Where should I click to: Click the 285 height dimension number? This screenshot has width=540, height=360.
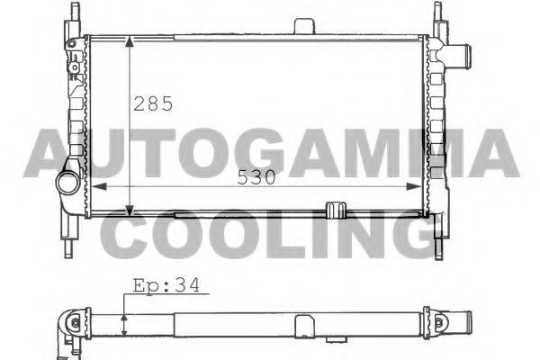[x=153, y=103]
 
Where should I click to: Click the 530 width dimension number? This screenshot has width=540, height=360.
[x=256, y=177]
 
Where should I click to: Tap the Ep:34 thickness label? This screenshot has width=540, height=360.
[x=166, y=286]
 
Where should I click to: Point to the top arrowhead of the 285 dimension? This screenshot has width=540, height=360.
[x=130, y=41]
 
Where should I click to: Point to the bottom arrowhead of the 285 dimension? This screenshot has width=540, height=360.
[x=130, y=211]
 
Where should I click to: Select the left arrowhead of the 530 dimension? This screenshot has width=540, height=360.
[x=99, y=186]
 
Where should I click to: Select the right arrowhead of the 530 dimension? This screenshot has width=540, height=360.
[x=414, y=186]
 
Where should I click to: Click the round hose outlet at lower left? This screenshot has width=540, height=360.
[x=68, y=183]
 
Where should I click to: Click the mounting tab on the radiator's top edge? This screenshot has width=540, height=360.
[x=304, y=26]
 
